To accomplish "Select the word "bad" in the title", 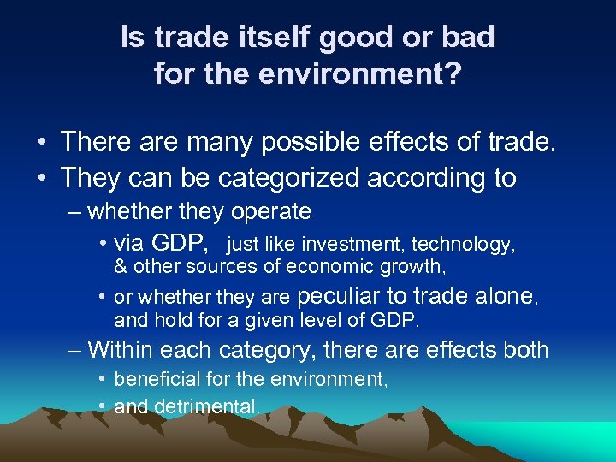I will (x=467, y=37).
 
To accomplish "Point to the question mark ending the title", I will (x=453, y=74).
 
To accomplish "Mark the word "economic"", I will (x=317, y=267).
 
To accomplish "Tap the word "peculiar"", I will (x=338, y=297).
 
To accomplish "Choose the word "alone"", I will (x=508, y=297).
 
